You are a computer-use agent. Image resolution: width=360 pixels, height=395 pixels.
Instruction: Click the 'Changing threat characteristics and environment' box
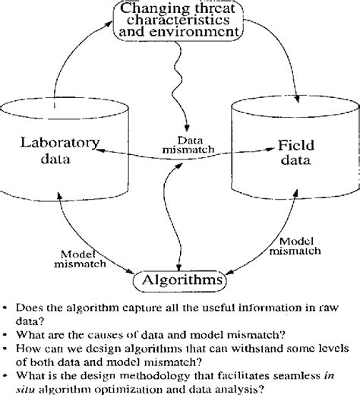coord(180,21)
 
